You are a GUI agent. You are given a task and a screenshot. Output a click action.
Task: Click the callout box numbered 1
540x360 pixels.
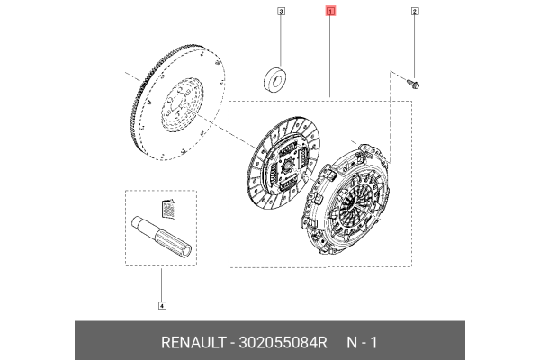(x=330, y=12)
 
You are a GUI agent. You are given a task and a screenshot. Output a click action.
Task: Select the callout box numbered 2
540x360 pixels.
(x=415, y=12)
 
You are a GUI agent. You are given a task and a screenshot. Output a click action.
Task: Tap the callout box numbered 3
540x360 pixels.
(x=281, y=12)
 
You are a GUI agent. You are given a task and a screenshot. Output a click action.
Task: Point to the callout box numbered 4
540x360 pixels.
(x=162, y=305)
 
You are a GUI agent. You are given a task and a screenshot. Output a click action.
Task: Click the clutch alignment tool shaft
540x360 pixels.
(x=164, y=235)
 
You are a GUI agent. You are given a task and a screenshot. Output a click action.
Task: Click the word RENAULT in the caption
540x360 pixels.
(x=195, y=342)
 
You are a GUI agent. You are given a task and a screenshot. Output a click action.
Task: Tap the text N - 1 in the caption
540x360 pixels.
(x=362, y=342)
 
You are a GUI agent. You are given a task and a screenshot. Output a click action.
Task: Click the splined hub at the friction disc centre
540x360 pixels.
(x=287, y=164)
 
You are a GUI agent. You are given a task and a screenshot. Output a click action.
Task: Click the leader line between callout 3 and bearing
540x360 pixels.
(x=281, y=40)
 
